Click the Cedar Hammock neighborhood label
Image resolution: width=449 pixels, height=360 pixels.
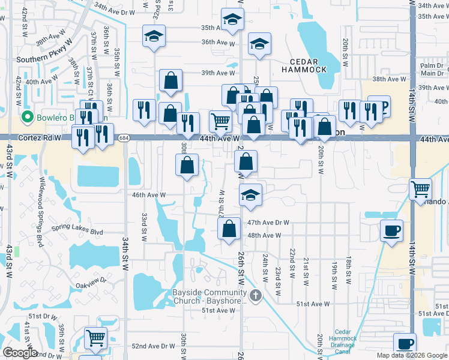[x=309, y=65]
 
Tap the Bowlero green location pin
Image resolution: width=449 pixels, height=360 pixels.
[x=27, y=116]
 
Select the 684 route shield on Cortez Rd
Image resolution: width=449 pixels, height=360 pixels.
[x=124, y=138]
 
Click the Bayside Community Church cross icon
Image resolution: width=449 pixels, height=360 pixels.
[x=256, y=295]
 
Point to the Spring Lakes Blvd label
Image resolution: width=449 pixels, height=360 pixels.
[x=77, y=232]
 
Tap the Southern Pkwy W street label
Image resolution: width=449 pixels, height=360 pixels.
[x=44, y=59]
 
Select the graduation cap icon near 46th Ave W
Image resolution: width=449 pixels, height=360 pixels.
[x=251, y=194]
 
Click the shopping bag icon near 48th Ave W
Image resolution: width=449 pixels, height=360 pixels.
[x=229, y=229]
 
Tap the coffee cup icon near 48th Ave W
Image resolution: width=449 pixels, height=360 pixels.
[x=391, y=230]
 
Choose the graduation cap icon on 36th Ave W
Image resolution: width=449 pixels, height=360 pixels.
[x=259, y=44]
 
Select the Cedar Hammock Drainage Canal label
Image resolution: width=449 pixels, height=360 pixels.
[x=342, y=341]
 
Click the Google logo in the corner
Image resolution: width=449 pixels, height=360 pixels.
[x=20, y=353]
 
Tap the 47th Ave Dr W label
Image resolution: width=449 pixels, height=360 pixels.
[x=268, y=222]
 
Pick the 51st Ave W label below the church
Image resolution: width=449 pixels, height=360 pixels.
[x=218, y=310]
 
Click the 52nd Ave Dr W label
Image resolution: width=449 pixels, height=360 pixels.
[x=151, y=346]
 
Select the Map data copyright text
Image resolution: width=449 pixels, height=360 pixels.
[x=411, y=355]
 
